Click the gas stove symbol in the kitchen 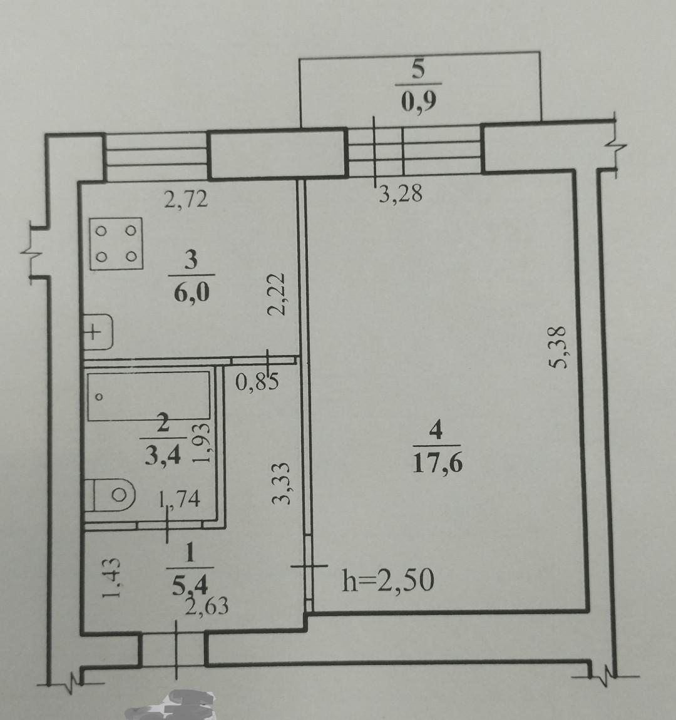click(116, 244)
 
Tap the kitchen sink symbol click(98, 332)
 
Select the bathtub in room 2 click(149, 396)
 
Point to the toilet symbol click(111, 495)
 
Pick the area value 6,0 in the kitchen click(192, 291)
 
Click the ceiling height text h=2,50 click(388, 580)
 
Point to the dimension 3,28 click(401, 194)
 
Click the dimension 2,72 click(187, 199)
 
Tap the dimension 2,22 click(277, 294)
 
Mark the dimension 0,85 click(257, 381)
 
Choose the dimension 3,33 click(282, 483)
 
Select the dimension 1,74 click(180, 498)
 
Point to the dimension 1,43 click(111, 578)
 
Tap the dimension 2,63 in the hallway click(207, 606)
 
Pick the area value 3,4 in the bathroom click(163, 456)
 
